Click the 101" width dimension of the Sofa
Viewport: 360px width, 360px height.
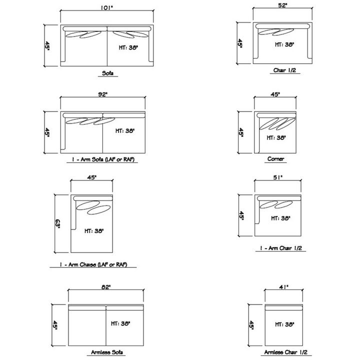(107, 7)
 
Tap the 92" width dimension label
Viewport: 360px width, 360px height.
(102, 94)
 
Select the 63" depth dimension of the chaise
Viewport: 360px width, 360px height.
(57, 224)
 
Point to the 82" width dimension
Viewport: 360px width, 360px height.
(106, 287)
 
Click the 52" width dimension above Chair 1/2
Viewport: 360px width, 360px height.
(283, 5)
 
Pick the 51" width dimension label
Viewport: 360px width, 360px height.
(278, 177)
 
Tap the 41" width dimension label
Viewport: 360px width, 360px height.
(284, 287)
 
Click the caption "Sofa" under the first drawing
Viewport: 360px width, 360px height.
(107, 73)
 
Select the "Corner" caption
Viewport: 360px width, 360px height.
(275, 158)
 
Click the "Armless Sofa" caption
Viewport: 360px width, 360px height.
(107, 352)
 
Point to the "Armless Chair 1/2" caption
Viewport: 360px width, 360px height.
(285, 352)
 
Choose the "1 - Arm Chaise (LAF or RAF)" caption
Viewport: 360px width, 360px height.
(93, 264)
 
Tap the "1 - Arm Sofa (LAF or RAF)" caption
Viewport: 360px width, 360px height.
(103, 159)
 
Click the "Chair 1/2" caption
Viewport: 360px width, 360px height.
(284, 70)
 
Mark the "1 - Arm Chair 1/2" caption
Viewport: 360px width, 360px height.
(281, 248)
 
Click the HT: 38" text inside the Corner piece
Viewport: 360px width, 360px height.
(276, 138)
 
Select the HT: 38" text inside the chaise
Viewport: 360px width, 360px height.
(94, 230)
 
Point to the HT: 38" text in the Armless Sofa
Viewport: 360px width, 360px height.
(120, 323)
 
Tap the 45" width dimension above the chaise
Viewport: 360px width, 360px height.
(92, 177)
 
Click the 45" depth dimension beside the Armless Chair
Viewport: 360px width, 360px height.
(251, 325)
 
